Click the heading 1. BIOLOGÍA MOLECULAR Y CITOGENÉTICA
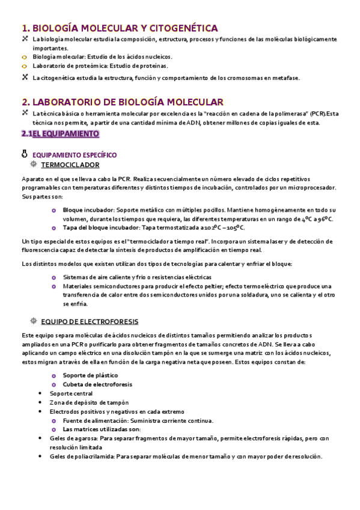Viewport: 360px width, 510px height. pos(119,28)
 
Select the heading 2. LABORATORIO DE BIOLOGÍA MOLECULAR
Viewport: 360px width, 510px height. pos(122,102)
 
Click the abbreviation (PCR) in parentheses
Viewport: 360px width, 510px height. pos(320,113)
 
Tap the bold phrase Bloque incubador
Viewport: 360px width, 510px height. pos(85,210)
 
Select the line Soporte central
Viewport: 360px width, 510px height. pos(71,393)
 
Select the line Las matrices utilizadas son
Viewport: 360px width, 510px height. pos(102,429)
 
